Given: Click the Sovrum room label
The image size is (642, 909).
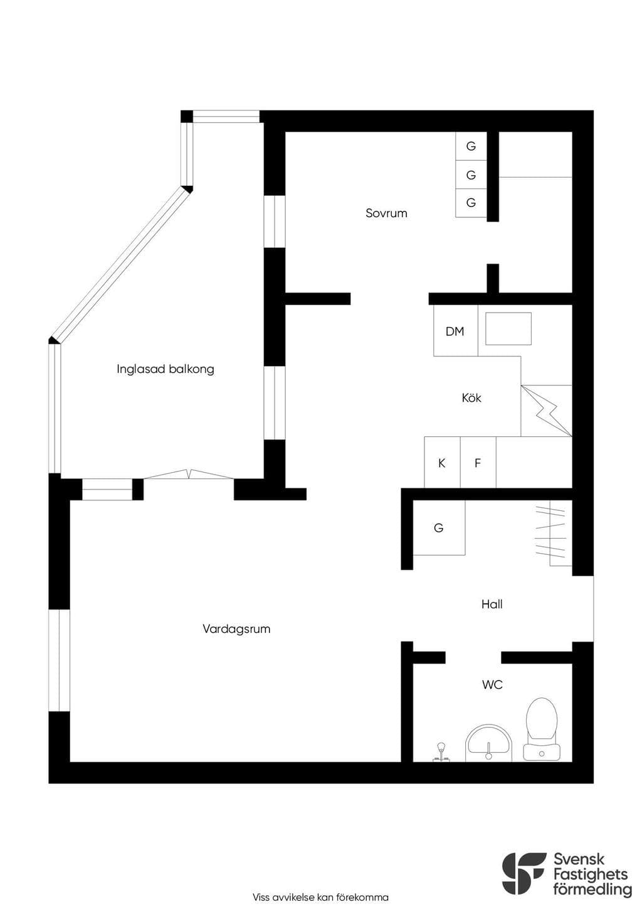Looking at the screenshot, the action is (386, 213).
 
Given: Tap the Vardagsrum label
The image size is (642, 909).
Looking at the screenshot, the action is (236, 629).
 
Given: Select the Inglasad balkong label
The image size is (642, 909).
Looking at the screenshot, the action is (166, 369).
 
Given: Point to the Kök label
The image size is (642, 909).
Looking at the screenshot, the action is (471, 397).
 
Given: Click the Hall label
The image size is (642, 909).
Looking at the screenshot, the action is (492, 605).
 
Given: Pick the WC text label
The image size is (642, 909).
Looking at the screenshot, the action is (492, 685).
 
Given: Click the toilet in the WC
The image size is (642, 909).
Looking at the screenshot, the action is (542, 729).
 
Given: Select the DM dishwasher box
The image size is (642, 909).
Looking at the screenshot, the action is (456, 331).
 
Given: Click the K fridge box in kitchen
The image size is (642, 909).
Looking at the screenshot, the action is (442, 462).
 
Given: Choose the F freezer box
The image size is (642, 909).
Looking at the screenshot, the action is (478, 462).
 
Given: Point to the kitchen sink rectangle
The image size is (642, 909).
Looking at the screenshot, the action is (508, 329).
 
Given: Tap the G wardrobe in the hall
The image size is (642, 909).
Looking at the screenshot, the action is (439, 527).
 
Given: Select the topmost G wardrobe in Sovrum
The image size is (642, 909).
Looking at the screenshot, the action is (471, 146).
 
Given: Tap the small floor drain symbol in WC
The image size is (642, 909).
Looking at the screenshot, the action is (441, 753).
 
